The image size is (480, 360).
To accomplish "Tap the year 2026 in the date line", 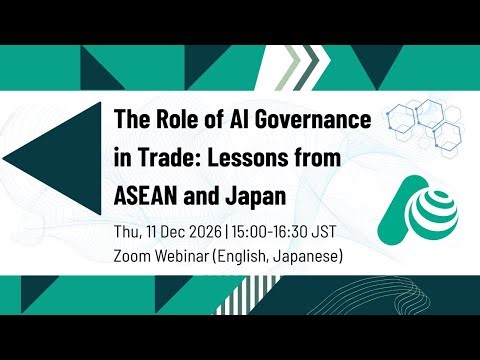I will (x=203, y=233).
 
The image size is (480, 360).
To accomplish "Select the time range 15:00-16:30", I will (x=264, y=233).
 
